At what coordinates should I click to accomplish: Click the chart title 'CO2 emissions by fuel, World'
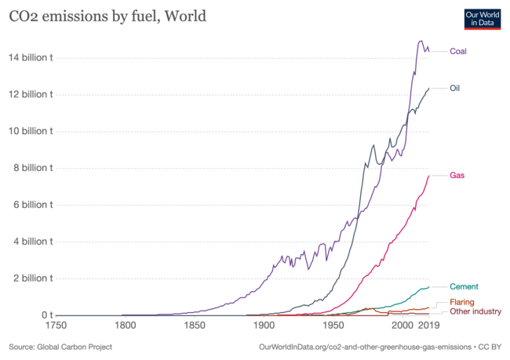(107, 16)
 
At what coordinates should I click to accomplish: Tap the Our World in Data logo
(482, 18)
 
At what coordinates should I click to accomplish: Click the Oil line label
(454, 88)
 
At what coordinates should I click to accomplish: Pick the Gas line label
(457, 175)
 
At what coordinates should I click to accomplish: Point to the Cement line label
(464, 287)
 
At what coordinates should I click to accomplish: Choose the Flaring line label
(462, 302)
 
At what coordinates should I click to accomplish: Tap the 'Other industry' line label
(475, 311)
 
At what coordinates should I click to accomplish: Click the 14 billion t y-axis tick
(29, 57)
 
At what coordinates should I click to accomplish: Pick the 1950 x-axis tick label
(333, 325)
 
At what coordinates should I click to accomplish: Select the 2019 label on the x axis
(428, 325)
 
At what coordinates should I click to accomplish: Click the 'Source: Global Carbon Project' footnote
(60, 346)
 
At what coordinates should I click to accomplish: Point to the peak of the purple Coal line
(421, 41)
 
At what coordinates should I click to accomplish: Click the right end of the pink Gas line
(429, 175)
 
